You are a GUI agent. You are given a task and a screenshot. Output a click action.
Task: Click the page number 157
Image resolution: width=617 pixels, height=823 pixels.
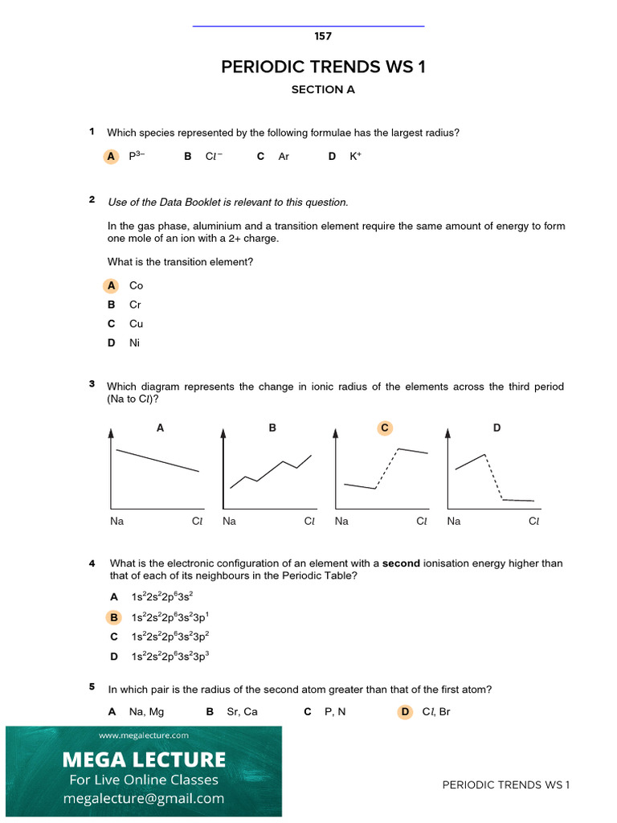click(323, 36)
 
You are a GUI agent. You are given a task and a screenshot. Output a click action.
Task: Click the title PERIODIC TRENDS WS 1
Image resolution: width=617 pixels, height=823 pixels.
click(323, 67)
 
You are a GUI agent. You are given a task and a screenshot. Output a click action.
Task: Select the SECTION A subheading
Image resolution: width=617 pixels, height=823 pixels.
click(323, 90)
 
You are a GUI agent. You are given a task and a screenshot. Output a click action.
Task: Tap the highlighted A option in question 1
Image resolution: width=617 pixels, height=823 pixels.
click(111, 157)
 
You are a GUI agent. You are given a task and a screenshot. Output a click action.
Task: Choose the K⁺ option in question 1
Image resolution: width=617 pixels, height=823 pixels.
click(355, 157)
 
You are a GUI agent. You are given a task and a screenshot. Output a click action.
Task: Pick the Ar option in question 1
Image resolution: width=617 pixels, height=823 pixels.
click(284, 157)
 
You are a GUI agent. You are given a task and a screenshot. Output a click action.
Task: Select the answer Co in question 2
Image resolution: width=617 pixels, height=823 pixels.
click(136, 285)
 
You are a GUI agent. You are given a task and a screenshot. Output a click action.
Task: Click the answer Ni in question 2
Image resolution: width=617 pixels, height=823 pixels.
click(134, 343)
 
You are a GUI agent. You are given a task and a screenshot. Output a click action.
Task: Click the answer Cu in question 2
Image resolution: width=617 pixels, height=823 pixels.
click(136, 324)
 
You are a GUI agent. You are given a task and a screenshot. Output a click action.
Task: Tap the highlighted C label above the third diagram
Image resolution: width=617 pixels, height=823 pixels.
click(385, 428)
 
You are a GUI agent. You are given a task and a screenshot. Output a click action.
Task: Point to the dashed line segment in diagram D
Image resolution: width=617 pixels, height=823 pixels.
click(494, 477)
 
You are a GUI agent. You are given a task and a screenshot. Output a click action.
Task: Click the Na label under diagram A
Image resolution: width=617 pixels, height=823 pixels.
click(117, 522)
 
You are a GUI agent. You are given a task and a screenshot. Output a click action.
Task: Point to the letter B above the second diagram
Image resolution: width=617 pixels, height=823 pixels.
click(272, 428)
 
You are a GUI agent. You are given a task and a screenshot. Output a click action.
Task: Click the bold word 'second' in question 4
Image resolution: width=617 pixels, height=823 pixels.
click(401, 563)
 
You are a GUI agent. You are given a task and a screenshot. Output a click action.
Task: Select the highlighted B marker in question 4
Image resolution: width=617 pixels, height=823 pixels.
click(114, 617)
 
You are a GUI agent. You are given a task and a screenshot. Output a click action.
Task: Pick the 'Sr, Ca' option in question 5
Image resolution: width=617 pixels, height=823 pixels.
click(243, 711)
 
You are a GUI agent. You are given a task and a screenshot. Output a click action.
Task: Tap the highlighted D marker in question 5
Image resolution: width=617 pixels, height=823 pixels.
click(405, 711)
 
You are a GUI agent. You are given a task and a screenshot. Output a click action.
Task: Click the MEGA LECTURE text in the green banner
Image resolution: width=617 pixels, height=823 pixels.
click(144, 760)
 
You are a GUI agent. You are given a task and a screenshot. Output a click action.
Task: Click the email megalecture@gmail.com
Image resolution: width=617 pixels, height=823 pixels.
click(144, 798)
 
